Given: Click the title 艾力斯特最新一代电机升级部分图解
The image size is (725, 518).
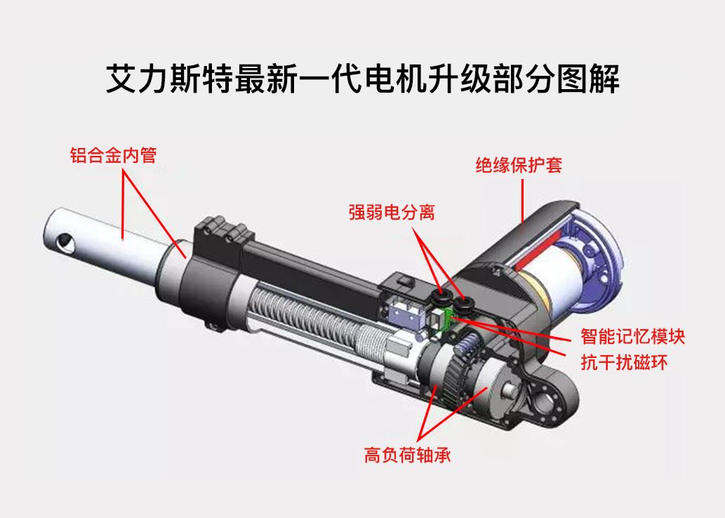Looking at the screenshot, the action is pos(362,79).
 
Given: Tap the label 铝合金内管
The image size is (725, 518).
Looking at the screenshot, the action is pos(113,155).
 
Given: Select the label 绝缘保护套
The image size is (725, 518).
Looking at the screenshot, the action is pos(519,165).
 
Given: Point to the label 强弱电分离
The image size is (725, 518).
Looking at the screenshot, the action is pos(392,212).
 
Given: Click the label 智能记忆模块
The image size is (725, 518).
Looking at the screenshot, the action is pos(632,336).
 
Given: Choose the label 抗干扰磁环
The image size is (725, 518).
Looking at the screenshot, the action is pos(624,362).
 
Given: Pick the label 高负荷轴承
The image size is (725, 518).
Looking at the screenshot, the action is pos(407,455).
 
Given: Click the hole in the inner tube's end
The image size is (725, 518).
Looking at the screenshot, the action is pos(65,242).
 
